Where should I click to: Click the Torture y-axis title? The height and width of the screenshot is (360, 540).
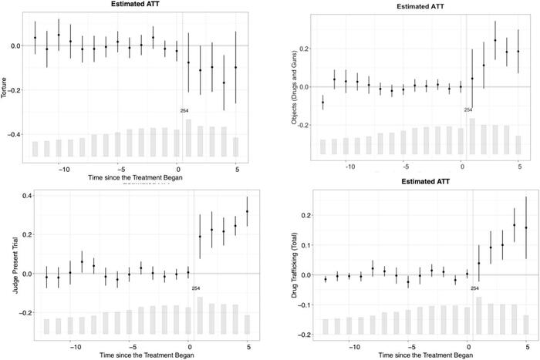click(x=6, y=79)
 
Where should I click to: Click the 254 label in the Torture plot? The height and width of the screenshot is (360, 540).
click(x=184, y=111)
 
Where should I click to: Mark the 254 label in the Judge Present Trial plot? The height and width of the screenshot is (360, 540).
click(x=196, y=288)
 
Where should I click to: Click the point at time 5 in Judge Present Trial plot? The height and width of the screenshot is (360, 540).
click(x=248, y=211)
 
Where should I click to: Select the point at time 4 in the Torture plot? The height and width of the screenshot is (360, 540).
click(x=224, y=83)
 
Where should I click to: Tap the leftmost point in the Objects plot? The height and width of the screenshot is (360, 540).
click(x=322, y=103)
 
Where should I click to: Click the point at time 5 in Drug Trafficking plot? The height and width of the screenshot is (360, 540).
click(x=526, y=228)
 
